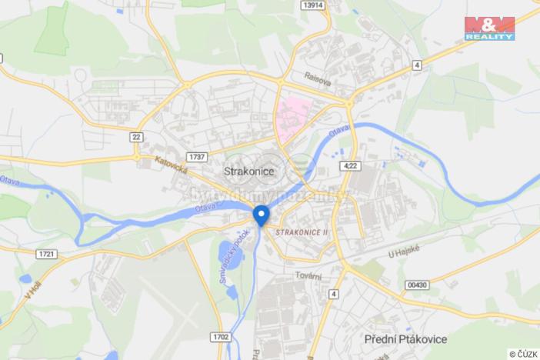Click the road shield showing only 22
136,136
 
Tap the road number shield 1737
197,156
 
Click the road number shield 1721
46,252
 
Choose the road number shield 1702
220,336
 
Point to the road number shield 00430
416,285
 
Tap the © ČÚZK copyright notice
523,354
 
